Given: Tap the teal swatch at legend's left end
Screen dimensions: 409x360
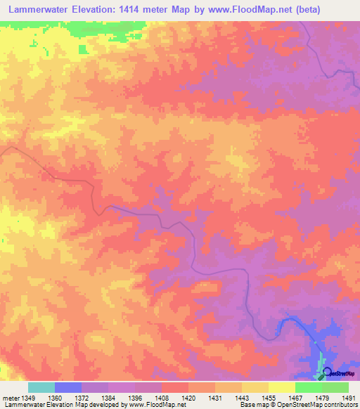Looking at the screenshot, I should pos(41,387).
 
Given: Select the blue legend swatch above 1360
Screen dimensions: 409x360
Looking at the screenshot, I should pos(68,387).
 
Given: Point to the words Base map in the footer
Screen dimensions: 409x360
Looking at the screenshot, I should pos(252,405).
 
